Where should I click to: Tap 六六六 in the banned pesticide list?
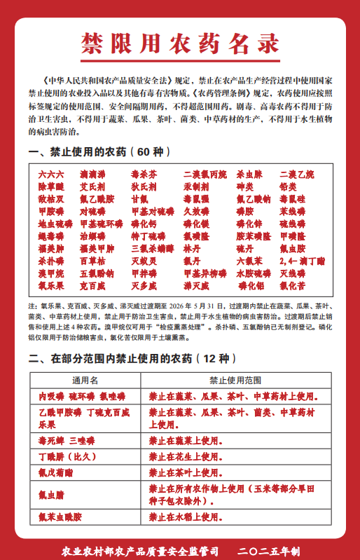point(51,174)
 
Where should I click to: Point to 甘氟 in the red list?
point(140,199)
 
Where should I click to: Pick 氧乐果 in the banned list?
point(51,286)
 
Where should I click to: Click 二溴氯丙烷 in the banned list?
point(205,174)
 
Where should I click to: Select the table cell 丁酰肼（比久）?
point(67,456)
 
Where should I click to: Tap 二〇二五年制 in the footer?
point(269,552)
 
